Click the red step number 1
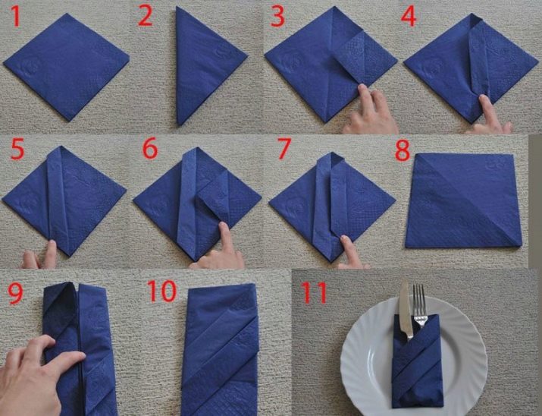coord(16,17)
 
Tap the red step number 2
coord(146,17)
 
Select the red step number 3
coord(278,17)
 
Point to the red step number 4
coord(409,17)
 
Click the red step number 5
coord(17,150)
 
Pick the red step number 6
coord(150,148)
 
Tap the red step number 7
coord(284,149)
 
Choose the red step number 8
coord(403,151)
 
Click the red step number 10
coord(161,291)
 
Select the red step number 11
coord(314,293)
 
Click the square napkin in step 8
coord(463,200)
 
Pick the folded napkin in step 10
coord(220,349)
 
